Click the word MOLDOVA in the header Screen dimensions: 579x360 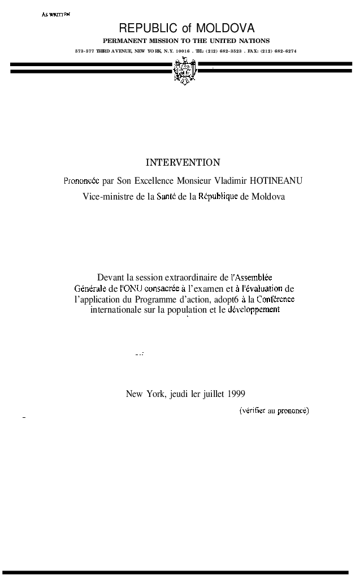[x=225, y=28]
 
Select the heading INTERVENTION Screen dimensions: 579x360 [x=183, y=163]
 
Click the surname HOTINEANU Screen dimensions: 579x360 [x=275, y=181]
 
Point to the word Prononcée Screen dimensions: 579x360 [x=81, y=181]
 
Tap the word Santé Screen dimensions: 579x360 [x=166, y=197]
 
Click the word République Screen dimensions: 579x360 [x=218, y=197]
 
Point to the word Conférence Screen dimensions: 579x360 [x=275, y=299]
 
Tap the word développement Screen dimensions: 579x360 [x=254, y=310]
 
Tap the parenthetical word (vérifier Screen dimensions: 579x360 [x=253, y=411]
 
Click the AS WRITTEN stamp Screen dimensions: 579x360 [x=55, y=14]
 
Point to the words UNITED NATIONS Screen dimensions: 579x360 [x=243, y=41]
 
